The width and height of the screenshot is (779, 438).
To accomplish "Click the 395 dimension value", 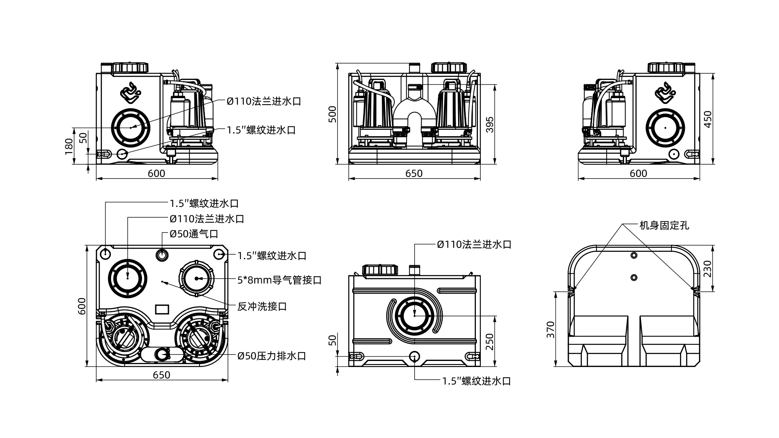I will pyautogui.click(x=489, y=125).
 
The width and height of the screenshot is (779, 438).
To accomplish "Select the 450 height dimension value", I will pyautogui.click(x=708, y=119).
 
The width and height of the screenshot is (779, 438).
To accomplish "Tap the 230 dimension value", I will pyautogui.click(x=708, y=268).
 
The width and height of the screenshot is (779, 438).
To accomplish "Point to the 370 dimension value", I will pyautogui.click(x=550, y=330).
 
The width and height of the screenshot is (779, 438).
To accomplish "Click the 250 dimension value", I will pyautogui.click(x=489, y=342).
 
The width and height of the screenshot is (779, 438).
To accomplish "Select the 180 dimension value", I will pyautogui.click(x=69, y=146).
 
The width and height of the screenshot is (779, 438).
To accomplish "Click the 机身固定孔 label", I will pyautogui.click(x=664, y=225).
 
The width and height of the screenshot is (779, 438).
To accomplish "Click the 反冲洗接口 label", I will pyautogui.click(x=262, y=306).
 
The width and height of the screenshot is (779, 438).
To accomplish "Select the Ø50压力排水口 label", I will pyautogui.click(x=271, y=356).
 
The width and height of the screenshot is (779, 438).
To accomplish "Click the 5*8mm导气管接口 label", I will pyautogui.click(x=279, y=280).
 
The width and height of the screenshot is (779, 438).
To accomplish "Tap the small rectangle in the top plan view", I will pyautogui.click(x=162, y=309).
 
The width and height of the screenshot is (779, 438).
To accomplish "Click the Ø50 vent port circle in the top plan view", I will pyautogui.click(x=162, y=255).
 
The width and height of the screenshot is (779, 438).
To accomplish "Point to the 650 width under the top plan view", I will pyautogui.click(x=161, y=375).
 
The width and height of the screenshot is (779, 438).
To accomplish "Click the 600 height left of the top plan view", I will pyautogui.click(x=82, y=306).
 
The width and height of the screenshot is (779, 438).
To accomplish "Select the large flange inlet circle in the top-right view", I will pyautogui.click(x=665, y=127).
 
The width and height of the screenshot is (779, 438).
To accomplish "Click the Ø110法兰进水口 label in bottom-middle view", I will pyautogui.click(x=474, y=245).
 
